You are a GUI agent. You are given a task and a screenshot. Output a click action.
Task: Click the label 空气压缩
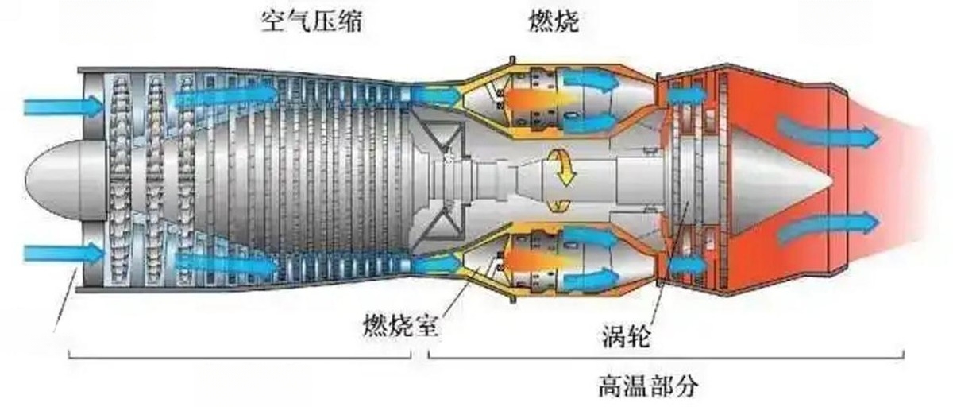pyautogui.click(x=311, y=21)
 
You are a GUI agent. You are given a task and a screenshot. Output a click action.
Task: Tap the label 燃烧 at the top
pyautogui.click(x=554, y=21)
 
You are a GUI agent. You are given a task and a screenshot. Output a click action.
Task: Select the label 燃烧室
pyautogui.click(x=400, y=326)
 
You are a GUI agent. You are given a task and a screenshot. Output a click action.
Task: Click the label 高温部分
pyautogui.click(x=648, y=386)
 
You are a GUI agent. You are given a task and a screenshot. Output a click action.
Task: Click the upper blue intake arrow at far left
pyautogui.click(x=64, y=106)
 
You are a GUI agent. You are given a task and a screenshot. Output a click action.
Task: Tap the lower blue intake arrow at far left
pyautogui.click(x=64, y=253)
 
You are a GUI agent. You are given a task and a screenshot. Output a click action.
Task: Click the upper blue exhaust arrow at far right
pyautogui.click(x=828, y=135)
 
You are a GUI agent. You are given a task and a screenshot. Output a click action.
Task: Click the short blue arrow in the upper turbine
pyautogui.click(x=686, y=95)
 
